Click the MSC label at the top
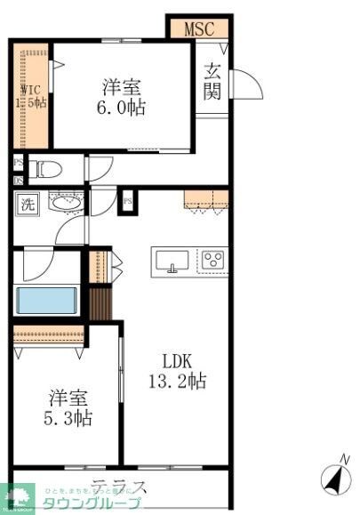click(199, 28)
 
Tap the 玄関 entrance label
click(212, 82)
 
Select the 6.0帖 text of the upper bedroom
click(123, 108)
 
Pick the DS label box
click(19, 181)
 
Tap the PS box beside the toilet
click(19, 162)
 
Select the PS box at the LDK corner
click(128, 201)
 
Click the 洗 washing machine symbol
click(27, 204)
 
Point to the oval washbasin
click(64, 204)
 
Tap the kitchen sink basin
click(172, 260)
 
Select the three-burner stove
click(213, 260)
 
